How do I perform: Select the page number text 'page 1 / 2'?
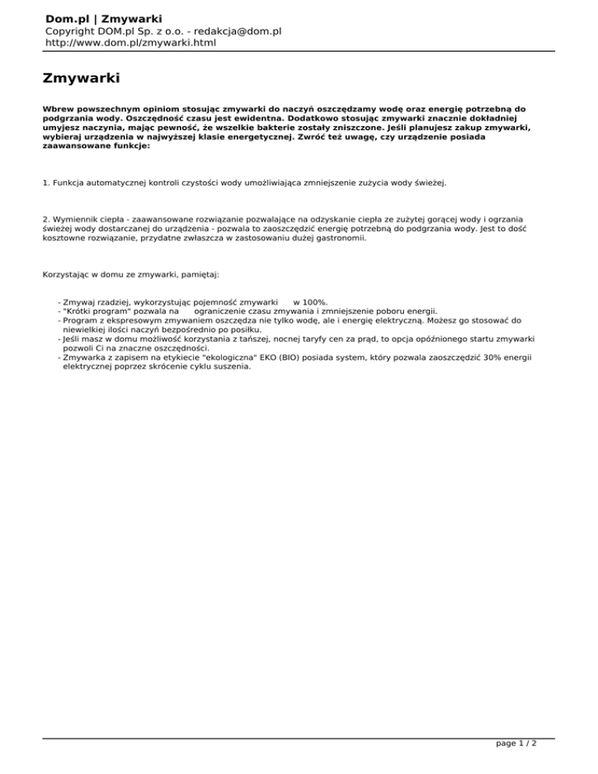[x=516, y=765]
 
